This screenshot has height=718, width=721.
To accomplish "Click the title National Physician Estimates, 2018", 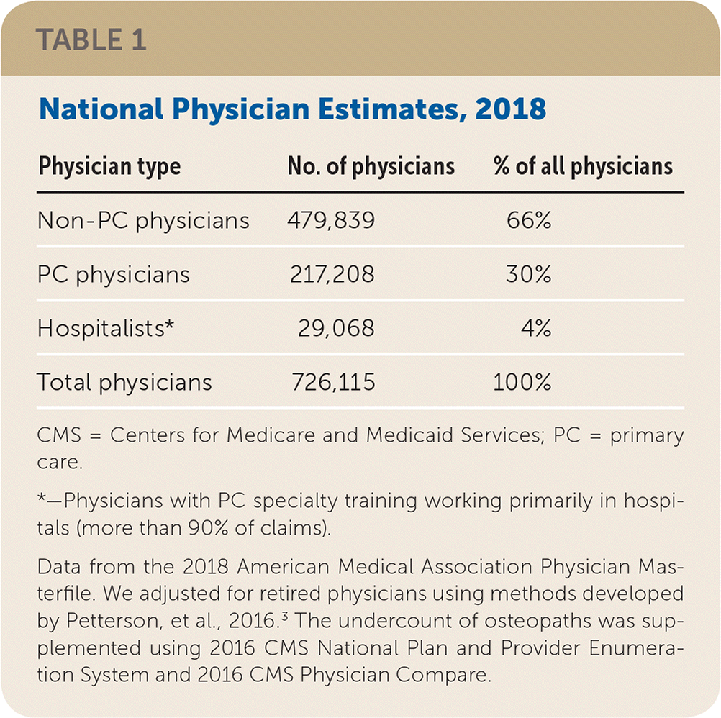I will (x=291, y=110).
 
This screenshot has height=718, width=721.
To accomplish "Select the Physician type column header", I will (x=109, y=167).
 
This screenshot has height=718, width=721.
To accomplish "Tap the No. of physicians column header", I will (x=371, y=167).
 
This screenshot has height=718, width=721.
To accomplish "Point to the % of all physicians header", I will (x=583, y=167).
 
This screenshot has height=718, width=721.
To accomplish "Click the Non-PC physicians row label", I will (x=143, y=220).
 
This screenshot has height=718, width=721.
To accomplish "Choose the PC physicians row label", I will (x=114, y=274).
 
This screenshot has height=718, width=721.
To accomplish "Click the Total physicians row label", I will (x=124, y=382).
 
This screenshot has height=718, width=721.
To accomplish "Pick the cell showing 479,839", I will (x=331, y=220).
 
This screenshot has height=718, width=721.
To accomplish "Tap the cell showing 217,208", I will (x=331, y=274).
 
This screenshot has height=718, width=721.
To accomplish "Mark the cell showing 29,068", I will (x=336, y=328).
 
